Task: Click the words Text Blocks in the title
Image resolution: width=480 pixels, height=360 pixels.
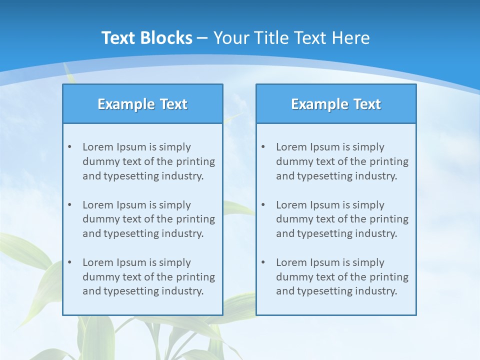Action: (146, 38)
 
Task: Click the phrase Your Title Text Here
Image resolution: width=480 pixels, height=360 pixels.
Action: (291, 38)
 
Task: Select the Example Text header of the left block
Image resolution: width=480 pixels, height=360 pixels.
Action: (142, 104)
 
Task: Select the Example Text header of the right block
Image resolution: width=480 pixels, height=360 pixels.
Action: (336, 104)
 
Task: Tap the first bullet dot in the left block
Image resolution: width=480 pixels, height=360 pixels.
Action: (69, 147)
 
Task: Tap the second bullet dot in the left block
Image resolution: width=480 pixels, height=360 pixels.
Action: (69, 205)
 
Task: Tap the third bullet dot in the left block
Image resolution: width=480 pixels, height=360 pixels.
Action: (69, 262)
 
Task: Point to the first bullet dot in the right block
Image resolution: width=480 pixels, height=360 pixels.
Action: (263, 147)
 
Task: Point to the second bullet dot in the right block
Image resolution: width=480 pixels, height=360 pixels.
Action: (263, 205)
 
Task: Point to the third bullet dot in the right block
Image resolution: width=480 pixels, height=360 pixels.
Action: (263, 262)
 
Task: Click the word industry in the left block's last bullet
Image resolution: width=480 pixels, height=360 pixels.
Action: (184, 291)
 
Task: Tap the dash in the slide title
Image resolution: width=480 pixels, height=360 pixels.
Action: (202, 38)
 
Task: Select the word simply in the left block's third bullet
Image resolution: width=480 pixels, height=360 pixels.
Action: (175, 262)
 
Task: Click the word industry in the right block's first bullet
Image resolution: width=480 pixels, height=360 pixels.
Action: (378, 176)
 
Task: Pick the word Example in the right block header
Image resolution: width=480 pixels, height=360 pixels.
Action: (314, 104)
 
